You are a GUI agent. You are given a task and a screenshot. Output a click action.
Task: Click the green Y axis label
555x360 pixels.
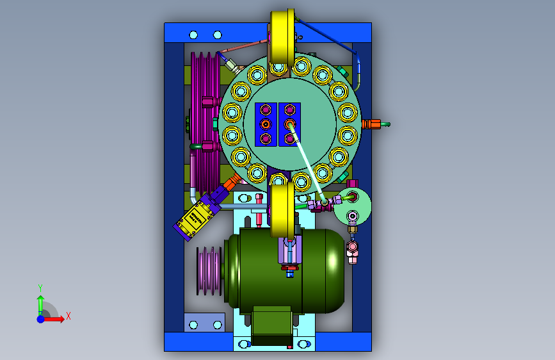[40, 288]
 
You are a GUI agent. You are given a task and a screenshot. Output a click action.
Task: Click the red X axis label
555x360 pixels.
[68, 316]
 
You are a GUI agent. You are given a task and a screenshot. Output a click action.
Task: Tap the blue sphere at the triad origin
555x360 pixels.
[41, 319]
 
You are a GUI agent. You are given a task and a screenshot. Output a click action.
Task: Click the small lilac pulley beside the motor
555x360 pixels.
[209, 271]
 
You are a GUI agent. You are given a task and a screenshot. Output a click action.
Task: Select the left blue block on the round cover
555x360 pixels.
[266, 124]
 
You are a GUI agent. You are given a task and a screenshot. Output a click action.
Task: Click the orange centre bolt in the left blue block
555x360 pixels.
[266, 124]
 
